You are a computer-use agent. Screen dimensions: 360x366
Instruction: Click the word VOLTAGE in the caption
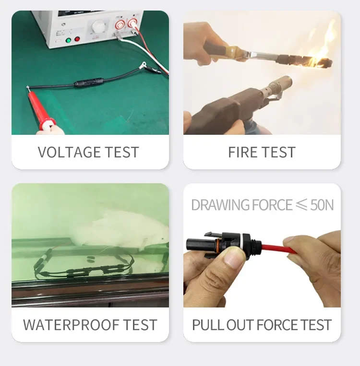click(70, 152)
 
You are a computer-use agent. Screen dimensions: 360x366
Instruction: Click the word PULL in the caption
click(208, 325)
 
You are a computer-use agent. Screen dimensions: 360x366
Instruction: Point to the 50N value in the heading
click(322, 205)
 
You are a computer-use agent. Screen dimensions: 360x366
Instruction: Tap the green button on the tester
click(69, 40)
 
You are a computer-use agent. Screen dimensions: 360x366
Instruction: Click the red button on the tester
click(77, 39)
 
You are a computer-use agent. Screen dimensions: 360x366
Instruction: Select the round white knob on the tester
click(97, 26)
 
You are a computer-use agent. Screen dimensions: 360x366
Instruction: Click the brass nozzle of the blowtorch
click(279, 86)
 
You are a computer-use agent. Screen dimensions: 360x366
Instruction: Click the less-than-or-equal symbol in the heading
click(301, 205)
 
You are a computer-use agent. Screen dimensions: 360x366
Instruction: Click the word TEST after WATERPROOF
click(140, 325)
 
